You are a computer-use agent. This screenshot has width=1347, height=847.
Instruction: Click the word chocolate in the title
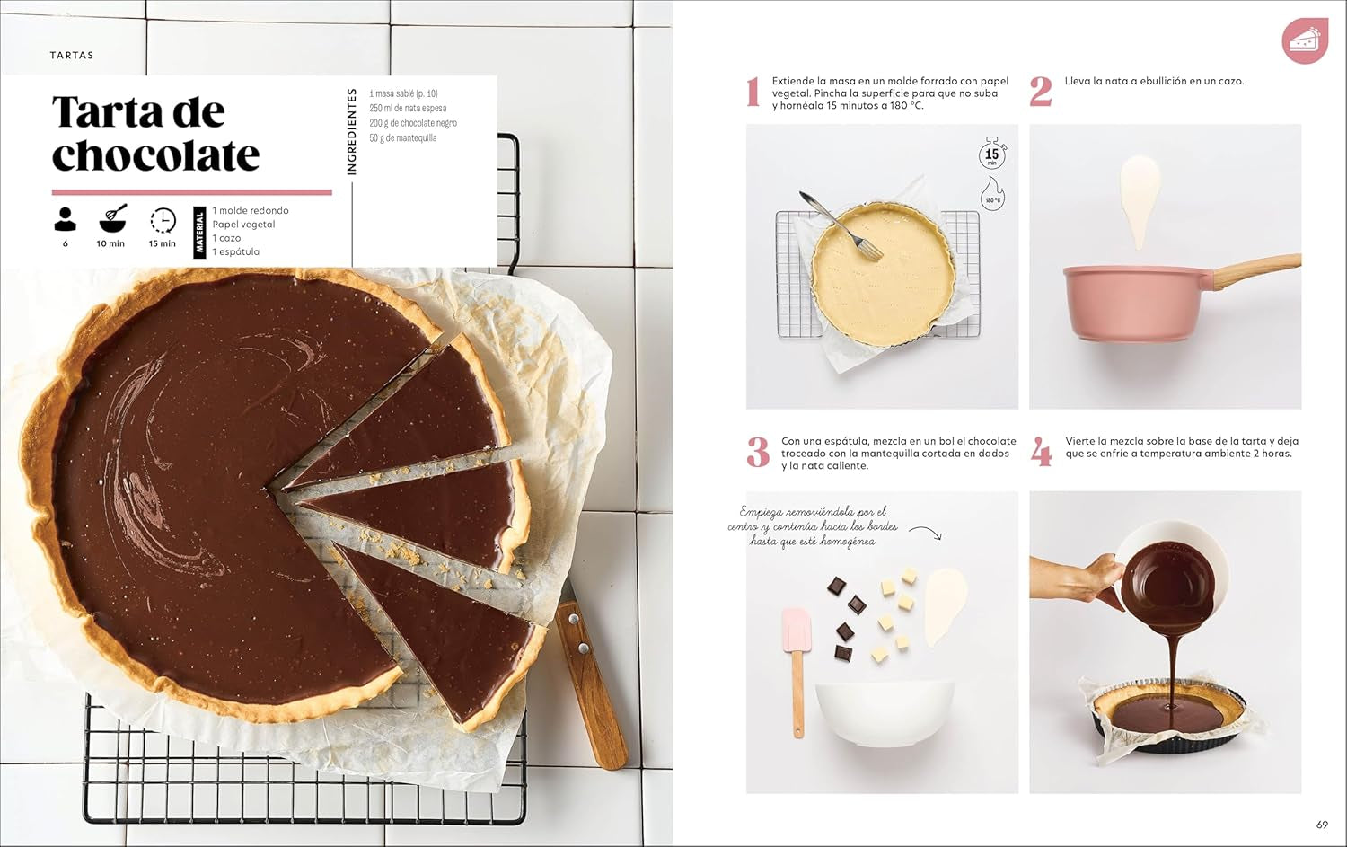155,156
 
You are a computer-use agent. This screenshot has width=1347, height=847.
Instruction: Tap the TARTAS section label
72,56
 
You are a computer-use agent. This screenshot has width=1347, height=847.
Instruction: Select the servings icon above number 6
66,218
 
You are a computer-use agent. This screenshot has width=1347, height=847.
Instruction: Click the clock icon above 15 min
163,220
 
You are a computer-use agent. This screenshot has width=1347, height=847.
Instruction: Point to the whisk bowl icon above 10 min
112,218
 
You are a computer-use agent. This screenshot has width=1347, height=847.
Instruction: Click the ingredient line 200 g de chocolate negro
413,123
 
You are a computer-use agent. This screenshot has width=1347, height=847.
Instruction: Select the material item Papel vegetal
243,225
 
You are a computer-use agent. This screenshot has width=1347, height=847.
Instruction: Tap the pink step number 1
753,92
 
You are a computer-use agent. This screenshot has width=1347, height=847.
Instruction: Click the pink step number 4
1041,452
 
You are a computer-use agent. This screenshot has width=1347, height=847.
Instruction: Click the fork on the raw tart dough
831,220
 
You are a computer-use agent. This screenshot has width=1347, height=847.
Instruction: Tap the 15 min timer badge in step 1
992,154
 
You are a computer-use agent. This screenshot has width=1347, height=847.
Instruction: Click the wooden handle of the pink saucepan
1257,269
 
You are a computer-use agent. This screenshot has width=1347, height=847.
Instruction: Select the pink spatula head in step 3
797,629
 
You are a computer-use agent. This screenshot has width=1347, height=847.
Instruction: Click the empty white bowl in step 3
872,710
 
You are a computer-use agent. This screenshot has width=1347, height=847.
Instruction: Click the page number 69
1322,825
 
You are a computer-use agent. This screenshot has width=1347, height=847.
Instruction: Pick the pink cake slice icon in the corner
1304,40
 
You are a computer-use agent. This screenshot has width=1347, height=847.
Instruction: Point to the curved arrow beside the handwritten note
926,532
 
